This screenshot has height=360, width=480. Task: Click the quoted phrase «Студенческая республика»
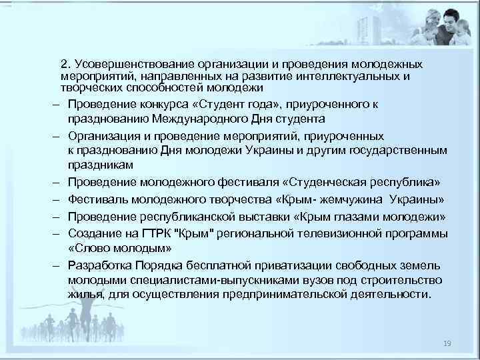(x=361, y=181)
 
